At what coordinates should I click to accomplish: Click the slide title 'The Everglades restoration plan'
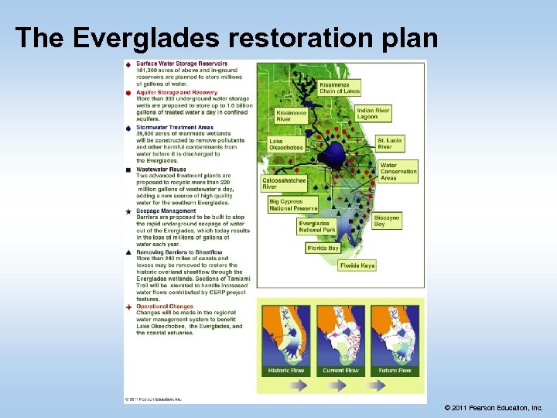(x=226, y=37)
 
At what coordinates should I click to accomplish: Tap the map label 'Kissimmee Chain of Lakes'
(x=334, y=87)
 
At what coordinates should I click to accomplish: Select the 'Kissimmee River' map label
(x=292, y=116)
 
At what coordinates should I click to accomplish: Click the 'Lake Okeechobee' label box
(x=282, y=145)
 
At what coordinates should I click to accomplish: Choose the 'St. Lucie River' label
(x=389, y=143)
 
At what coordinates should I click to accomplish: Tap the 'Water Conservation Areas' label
(x=398, y=172)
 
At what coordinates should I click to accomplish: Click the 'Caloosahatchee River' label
(x=285, y=183)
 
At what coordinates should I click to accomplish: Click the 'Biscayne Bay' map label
(x=386, y=221)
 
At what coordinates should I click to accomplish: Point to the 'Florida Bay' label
(x=323, y=248)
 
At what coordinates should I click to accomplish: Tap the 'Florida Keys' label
(x=357, y=266)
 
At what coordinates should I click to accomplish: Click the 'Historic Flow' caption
(x=285, y=371)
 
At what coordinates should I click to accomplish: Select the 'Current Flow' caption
(x=339, y=371)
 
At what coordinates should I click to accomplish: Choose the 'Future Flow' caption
(x=394, y=371)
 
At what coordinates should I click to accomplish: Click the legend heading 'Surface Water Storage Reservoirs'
(x=182, y=63)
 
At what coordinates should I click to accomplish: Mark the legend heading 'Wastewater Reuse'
(x=161, y=169)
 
